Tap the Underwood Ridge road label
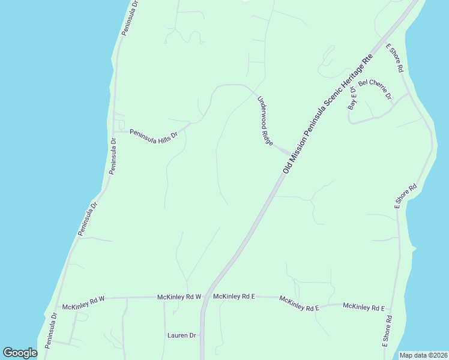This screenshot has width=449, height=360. coord(265,121)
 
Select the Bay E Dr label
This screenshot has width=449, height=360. coord(352,98)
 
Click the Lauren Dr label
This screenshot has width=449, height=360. coord(181,335)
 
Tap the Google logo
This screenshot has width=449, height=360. coord(20,353)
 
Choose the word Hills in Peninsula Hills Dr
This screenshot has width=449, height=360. coord(161,138)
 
